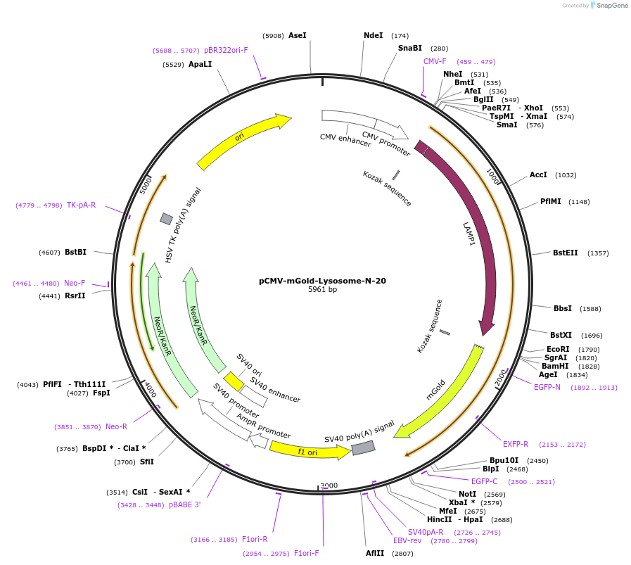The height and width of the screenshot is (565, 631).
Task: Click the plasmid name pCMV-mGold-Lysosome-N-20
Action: (x=322, y=281)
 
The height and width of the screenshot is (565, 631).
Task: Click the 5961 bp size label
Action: (x=322, y=290)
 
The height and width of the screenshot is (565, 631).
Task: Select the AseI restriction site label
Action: (x=298, y=35)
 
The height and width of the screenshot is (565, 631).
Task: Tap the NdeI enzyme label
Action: (x=374, y=35)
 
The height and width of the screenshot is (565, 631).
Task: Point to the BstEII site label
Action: (x=566, y=253)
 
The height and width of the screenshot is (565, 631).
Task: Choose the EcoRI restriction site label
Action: (x=558, y=349)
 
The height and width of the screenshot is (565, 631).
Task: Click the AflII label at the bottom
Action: (x=375, y=553)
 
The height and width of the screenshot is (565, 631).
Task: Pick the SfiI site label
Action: (x=146, y=462)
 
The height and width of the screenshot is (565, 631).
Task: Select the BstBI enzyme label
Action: (x=75, y=252)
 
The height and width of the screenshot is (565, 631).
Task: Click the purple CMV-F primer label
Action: (x=435, y=61)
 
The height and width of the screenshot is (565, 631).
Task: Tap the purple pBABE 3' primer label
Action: (x=184, y=504)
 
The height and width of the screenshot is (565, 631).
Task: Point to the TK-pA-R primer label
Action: (x=81, y=205)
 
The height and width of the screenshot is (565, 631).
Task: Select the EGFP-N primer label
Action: (x=547, y=387)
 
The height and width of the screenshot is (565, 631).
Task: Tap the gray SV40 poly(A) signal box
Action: (x=363, y=447)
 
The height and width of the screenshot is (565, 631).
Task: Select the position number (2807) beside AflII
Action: (x=403, y=554)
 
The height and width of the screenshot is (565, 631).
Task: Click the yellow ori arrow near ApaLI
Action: (x=243, y=140)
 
